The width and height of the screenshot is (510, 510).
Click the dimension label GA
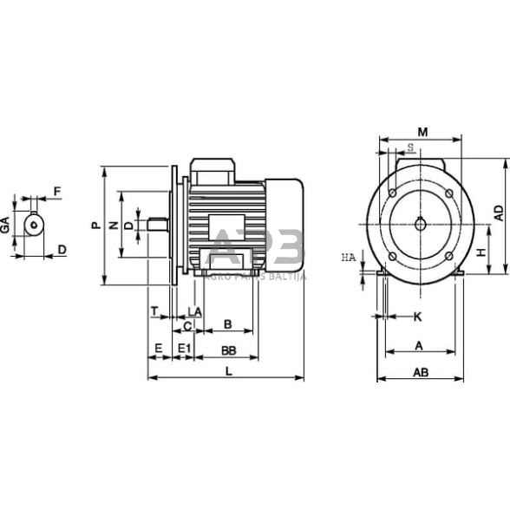click(5, 225)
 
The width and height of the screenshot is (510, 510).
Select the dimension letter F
click(56, 191)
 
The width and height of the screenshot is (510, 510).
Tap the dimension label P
click(95, 225)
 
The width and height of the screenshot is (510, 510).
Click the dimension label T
click(154, 311)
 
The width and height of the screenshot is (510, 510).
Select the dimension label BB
click(228, 350)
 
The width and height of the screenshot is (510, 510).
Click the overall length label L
click(228, 371)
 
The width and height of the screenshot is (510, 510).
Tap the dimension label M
click(422, 132)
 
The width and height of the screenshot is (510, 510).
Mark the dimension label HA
click(348, 258)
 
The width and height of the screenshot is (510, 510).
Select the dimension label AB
click(421, 372)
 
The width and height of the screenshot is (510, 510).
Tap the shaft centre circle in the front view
click(421, 224)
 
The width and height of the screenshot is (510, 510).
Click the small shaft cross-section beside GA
click(34, 224)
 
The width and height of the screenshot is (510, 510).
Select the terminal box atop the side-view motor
click(212, 171)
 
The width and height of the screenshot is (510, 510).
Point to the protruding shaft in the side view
click(157, 225)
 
